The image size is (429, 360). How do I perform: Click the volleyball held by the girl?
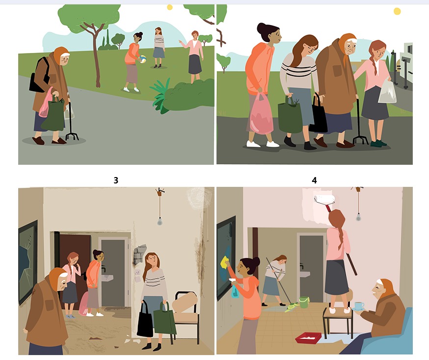point(142,59)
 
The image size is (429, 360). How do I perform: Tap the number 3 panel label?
point(116,180)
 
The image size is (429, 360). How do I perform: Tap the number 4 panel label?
point(314,180)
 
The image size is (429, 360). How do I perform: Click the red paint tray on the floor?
point(308,338)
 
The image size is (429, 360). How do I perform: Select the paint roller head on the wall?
point(324,199)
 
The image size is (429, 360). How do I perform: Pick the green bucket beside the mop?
point(304,302)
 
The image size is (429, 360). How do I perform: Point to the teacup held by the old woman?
point(359,306)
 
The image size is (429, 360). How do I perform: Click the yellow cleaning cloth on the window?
point(225,262)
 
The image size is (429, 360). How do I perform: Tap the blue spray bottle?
point(235,288)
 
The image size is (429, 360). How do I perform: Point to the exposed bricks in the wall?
point(140,254)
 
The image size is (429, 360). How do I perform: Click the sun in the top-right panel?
point(397,11)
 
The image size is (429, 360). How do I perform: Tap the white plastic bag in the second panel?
point(387,91)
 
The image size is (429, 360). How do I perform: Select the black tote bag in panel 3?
point(145,319)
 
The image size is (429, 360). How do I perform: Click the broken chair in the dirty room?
point(185,313)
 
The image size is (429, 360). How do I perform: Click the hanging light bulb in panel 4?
point(358,217)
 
